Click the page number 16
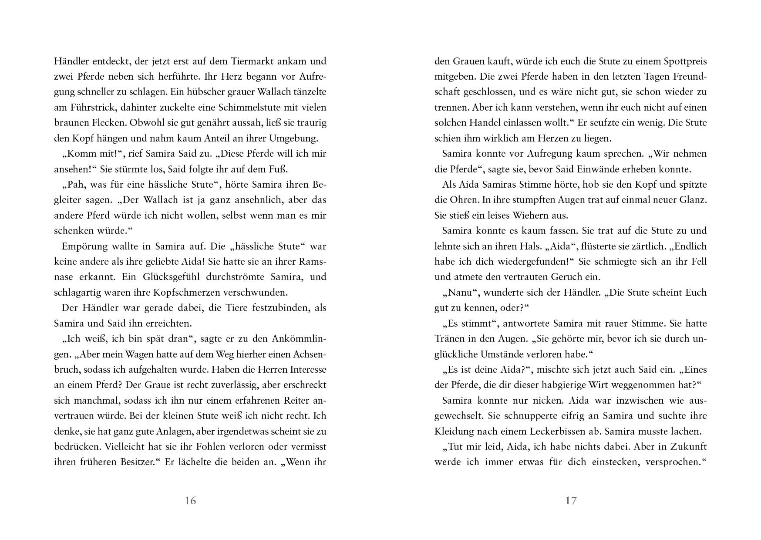(x=190, y=501)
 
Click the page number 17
(x=570, y=501)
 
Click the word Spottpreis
(x=684, y=61)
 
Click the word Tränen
(x=450, y=338)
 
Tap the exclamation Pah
(x=77, y=184)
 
